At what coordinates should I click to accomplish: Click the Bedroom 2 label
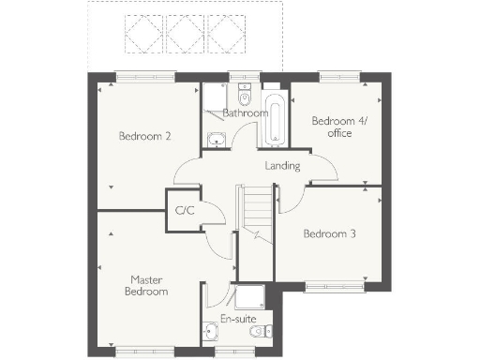click(x=144, y=136)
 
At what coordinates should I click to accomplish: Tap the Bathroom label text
click(x=245, y=113)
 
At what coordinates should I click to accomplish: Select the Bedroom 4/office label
click(x=332, y=127)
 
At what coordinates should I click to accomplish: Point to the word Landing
click(x=282, y=166)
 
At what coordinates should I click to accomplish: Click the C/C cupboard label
click(x=184, y=210)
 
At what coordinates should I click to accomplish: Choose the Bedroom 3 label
click(x=328, y=233)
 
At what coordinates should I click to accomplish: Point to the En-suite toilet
click(x=267, y=329)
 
